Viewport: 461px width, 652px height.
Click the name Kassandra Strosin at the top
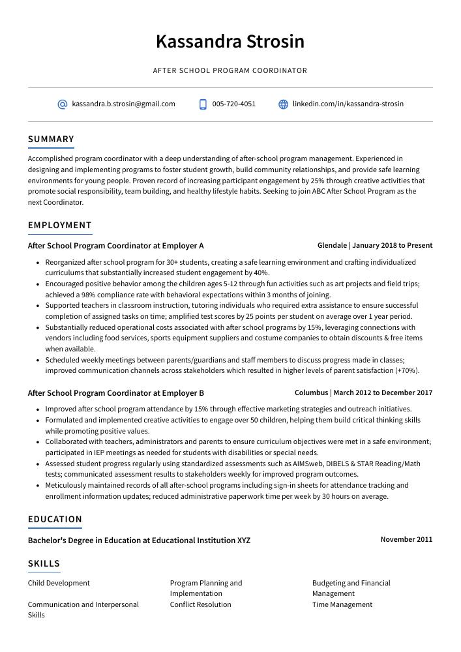[230, 42]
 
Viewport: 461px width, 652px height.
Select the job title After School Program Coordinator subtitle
[230, 70]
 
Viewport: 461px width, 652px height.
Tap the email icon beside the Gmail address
[63, 104]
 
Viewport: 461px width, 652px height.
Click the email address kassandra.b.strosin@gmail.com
[123, 104]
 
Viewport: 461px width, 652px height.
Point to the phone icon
[203, 104]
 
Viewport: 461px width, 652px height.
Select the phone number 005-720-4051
[233, 104]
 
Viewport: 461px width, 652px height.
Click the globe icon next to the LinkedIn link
[283, 104]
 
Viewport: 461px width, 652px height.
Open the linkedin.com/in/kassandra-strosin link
[348, 104]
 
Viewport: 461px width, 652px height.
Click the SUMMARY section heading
[51, 139]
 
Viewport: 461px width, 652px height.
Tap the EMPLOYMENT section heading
[59, 225]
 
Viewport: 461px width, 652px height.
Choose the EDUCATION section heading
[55, 519]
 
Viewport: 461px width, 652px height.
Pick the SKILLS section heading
[44, 563]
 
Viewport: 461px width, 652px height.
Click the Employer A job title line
[115, 246]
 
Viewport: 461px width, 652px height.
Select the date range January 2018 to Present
[393, 246]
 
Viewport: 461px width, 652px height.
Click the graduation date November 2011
[406, 540]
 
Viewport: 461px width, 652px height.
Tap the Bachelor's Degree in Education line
[139, 541]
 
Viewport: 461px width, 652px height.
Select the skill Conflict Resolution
[200, 604]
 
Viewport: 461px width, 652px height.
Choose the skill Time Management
[342, 604]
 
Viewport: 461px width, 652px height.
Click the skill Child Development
[59, 583]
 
